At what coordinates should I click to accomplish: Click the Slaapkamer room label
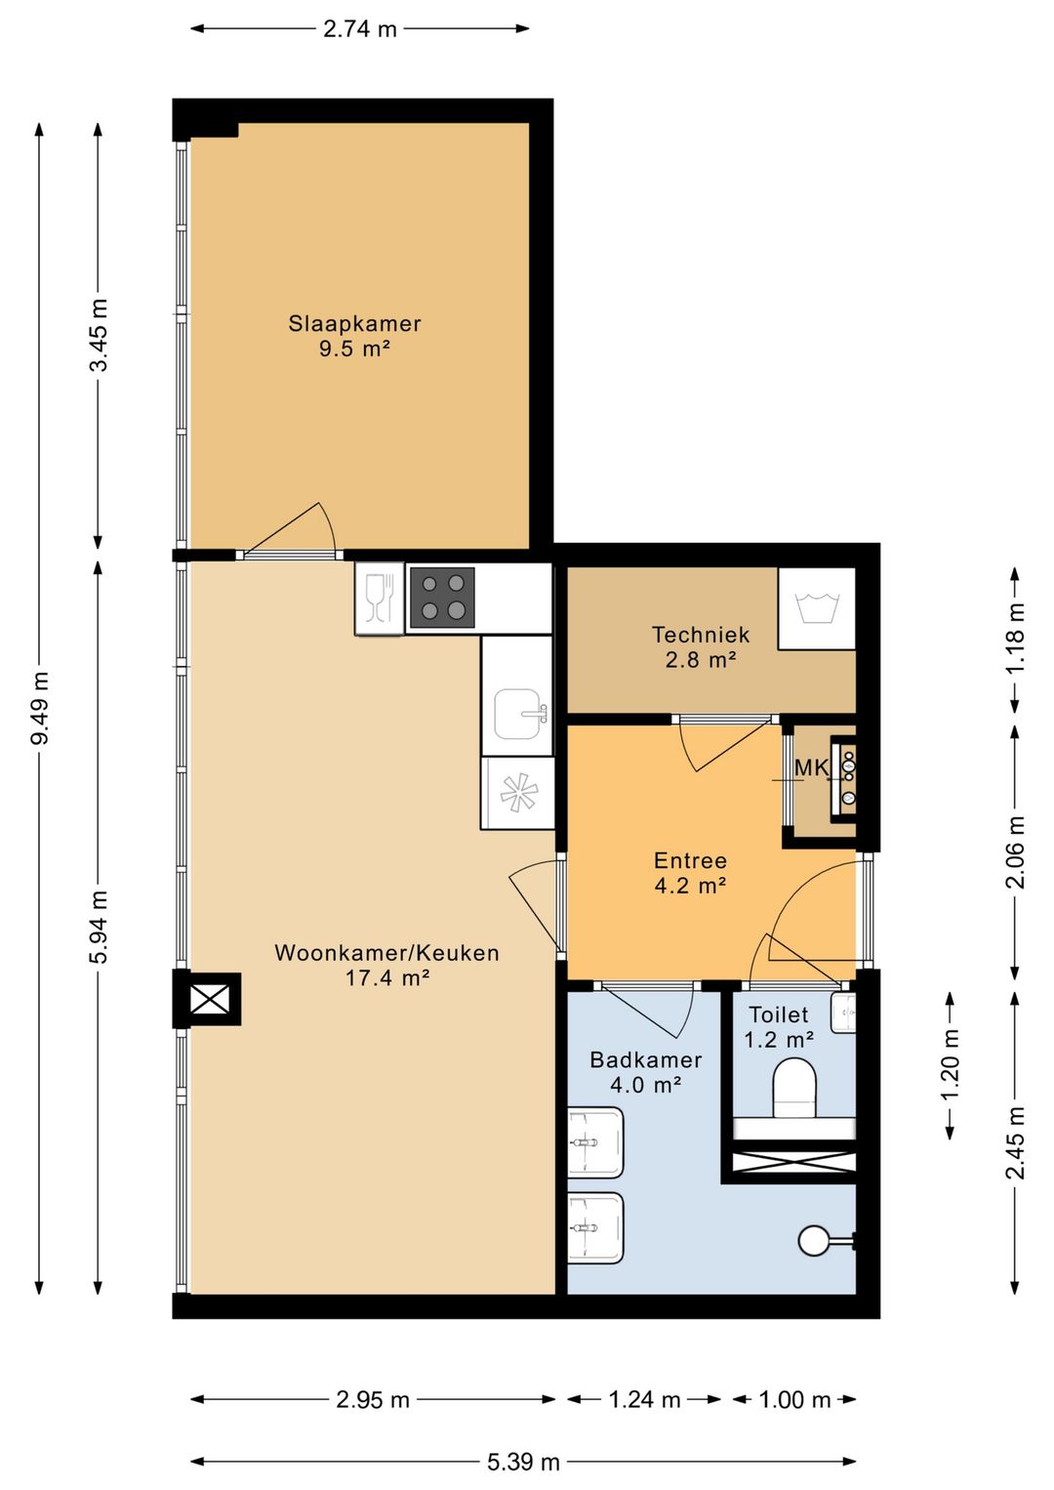(354, 324)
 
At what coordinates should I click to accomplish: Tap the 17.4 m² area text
(387, 977)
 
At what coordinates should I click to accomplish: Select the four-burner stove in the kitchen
(442, 598)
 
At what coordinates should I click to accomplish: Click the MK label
(811, 767)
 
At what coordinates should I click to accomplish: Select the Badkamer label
(646, 1059)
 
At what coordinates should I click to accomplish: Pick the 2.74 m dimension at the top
(360, 29)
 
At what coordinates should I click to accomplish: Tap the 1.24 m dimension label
(644, 1399)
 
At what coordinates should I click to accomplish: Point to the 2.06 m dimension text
(1015, 852)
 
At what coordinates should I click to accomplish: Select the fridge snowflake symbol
(517, 792)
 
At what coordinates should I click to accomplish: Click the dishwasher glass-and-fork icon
(380, 597)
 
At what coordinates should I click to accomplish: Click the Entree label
(690, 860)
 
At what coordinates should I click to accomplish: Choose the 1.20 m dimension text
(950, 1065)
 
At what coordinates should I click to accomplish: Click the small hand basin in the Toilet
(842, 1014)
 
